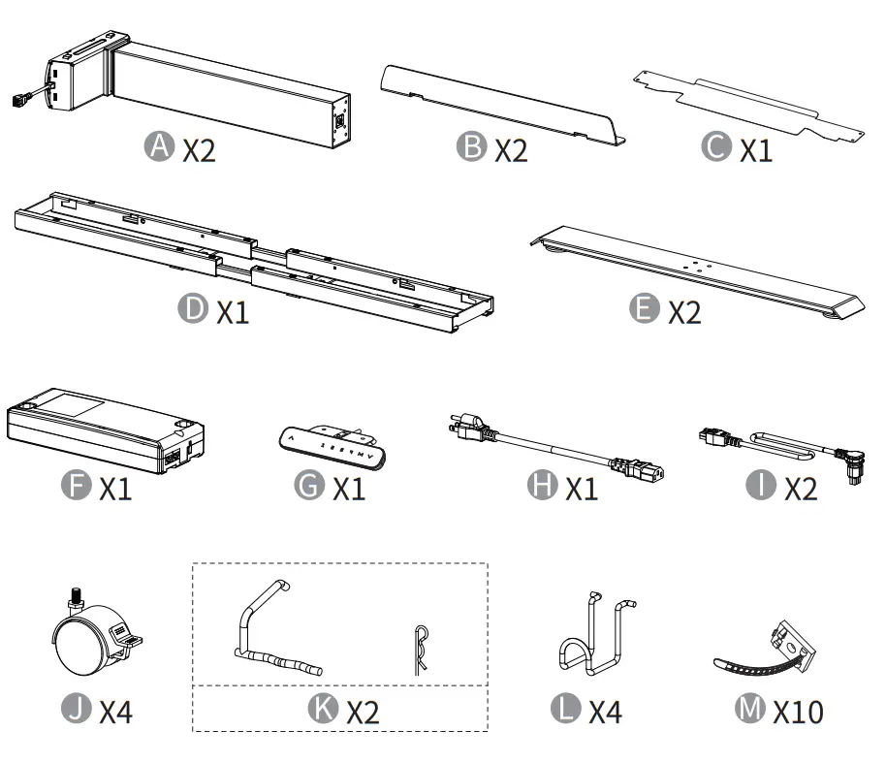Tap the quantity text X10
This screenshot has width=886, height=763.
[798, 713]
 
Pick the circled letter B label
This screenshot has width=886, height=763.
[471, 148]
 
